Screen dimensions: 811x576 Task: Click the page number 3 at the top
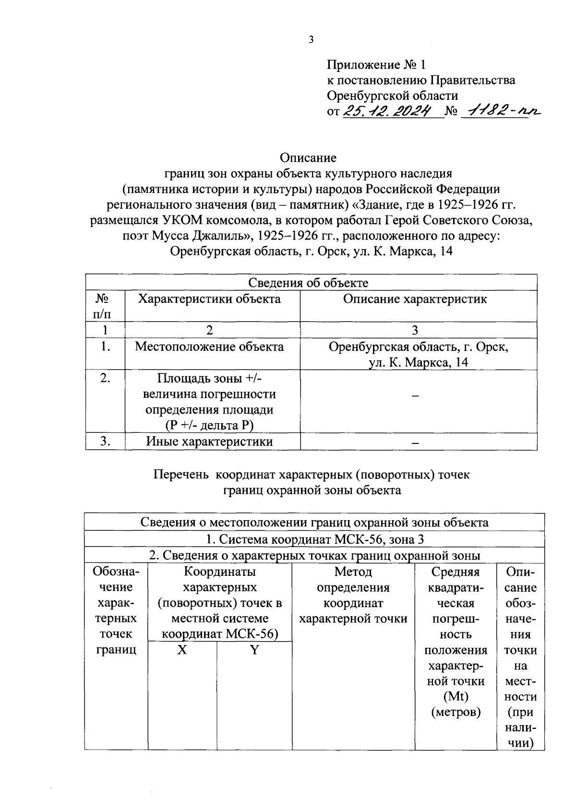[311, 40]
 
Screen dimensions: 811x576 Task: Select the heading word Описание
[308, 158]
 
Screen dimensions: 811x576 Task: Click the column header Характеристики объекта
[209, 299]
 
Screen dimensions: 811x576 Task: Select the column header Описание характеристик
[415, 299]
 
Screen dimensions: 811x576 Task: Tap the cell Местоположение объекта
[209, 346]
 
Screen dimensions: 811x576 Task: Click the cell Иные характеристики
[209, 442]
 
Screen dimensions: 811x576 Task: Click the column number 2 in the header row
[209, 330]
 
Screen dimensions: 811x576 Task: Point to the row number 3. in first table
[106, 442]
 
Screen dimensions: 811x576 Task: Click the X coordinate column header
[182, 650]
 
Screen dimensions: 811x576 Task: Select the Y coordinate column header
[254, 650]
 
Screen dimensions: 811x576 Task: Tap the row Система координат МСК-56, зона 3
[314, 540]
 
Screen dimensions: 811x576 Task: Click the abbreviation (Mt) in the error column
[456, 697]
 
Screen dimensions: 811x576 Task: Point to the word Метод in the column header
[353, 572]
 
